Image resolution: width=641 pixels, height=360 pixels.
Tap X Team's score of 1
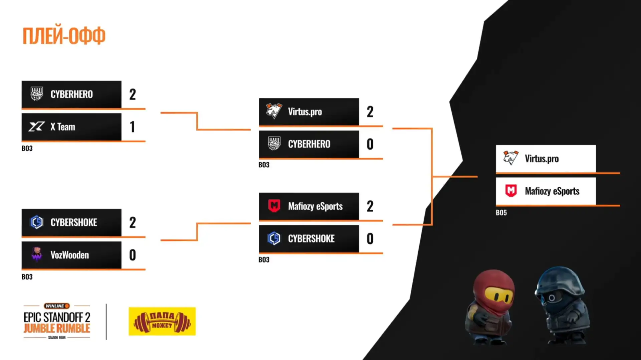point(133,127)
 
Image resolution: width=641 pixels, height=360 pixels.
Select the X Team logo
point(36,127)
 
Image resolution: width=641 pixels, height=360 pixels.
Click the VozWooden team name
point(70,255)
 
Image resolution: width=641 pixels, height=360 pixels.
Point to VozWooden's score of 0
point(133,255)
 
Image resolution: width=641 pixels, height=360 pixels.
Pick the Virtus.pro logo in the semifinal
point(274,111)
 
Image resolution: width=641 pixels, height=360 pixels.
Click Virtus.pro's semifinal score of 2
point(370,112)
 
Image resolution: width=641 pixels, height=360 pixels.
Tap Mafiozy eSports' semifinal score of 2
point(370,206)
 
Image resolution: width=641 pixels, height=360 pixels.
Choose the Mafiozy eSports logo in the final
point(511,191)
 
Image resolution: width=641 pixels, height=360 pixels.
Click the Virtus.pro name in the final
point(542,159)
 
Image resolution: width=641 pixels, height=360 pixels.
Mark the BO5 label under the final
point(501,213)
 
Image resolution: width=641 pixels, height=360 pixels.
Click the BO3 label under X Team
point(27,148)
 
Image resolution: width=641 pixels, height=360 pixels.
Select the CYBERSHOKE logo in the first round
point(36,222)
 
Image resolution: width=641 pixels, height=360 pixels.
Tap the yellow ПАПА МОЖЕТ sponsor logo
point(162,321)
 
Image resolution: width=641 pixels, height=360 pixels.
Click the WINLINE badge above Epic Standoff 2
point(57,306)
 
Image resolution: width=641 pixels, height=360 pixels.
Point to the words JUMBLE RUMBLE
point(57,328)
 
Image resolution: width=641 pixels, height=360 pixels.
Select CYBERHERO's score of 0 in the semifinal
point(370,144)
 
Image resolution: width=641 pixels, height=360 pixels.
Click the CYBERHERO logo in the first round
point(37,94)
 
